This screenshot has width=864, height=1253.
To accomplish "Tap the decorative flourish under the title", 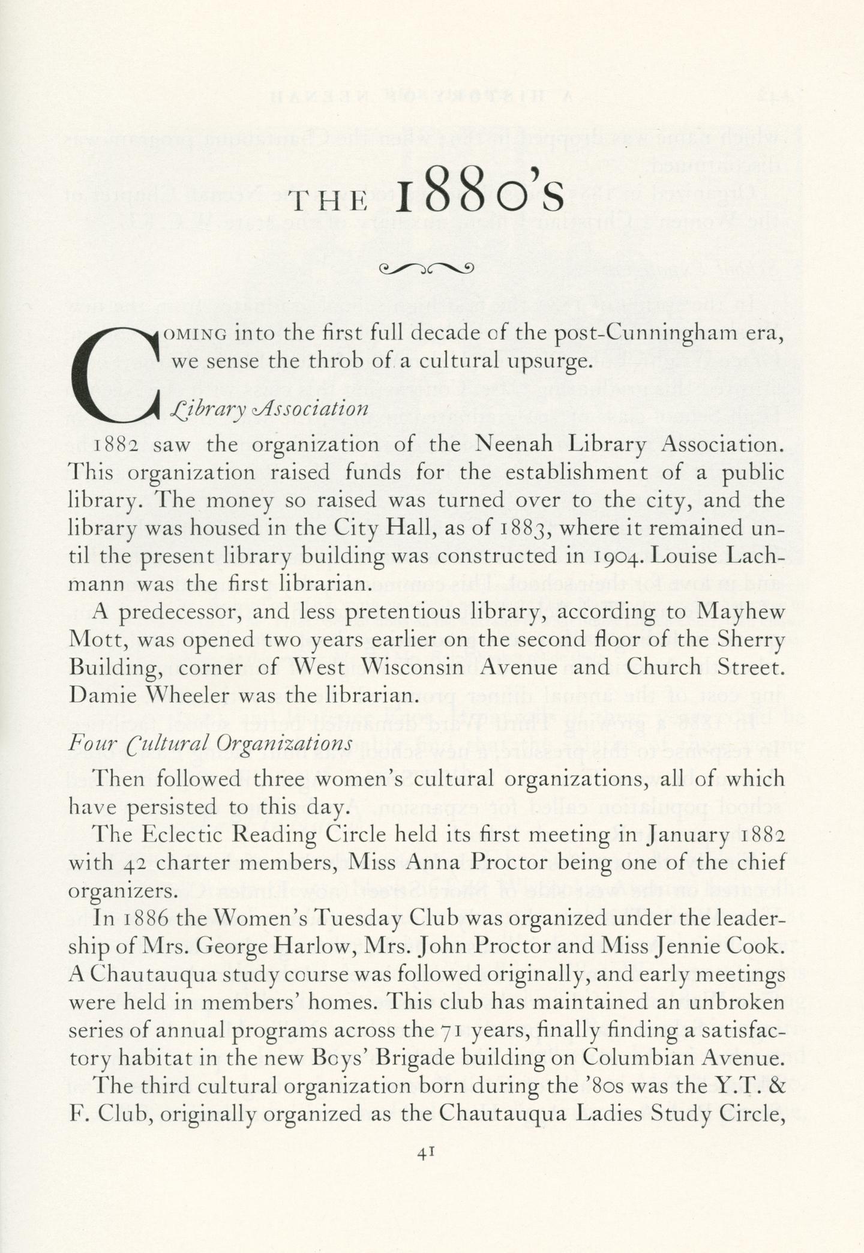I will click(x=426, y=268).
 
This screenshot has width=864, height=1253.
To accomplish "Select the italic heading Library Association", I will click(x=269, y=409).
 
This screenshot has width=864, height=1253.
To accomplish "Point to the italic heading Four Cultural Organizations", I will click(x=210, y=744).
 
